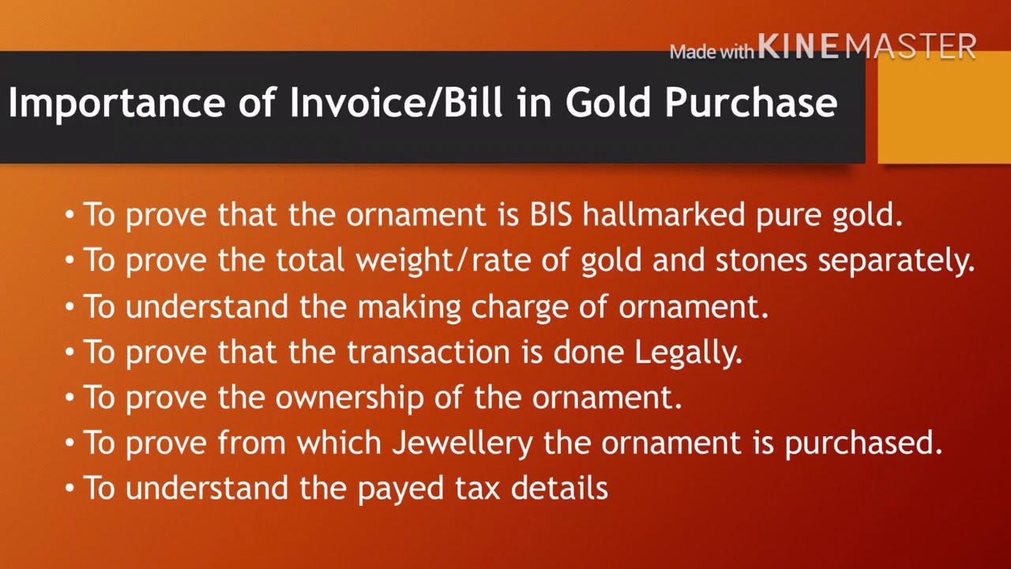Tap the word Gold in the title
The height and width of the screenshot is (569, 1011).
pos(609,104)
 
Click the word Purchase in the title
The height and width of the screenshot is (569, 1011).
pos(750,104)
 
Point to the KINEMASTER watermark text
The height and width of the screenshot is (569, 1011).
pos(867,47)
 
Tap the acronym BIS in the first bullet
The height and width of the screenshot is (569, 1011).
pos(551,215)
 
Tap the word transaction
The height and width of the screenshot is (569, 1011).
pos(427,352)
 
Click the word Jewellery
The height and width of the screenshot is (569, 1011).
pos(463,444)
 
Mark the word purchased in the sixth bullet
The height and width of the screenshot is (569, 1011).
pos(863,444)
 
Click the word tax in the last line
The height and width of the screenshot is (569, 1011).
pos(478,489)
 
